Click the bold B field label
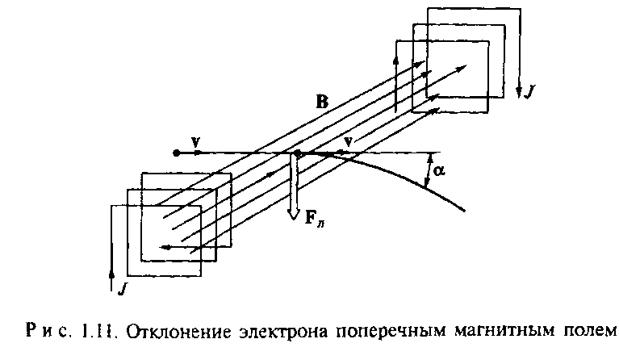click(x=323, y=103)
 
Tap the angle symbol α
click(x=440, y=171)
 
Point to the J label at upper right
click(x=530, y=92)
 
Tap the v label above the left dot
click(x=196, y=141)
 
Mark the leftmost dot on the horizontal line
click(x=176, y=152)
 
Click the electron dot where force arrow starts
click(x=297, y=153)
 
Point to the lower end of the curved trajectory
click(x=466, y=211)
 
